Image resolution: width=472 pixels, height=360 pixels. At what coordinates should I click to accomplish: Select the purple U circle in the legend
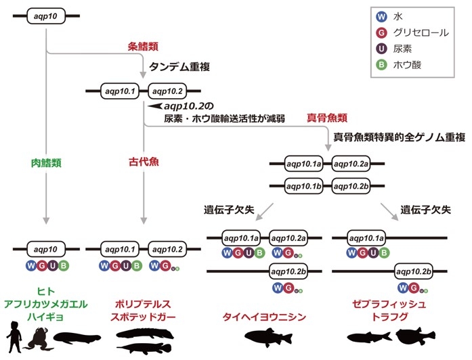383,49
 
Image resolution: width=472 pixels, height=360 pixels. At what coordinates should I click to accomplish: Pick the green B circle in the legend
383,66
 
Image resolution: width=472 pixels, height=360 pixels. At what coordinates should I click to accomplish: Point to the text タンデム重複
181,68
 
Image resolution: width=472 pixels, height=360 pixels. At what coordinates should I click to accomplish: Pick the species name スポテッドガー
144,316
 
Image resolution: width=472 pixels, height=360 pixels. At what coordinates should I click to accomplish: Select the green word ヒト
46,292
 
